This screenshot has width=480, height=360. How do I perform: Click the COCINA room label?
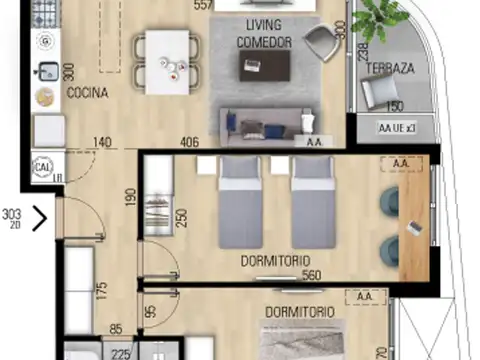coord(87,93)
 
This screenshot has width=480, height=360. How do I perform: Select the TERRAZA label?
coord(383,68)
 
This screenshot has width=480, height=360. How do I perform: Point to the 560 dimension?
coord(313,276)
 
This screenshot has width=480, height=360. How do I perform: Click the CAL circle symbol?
coord(43,166)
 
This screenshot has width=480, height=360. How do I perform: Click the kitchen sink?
coord(46,72)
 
